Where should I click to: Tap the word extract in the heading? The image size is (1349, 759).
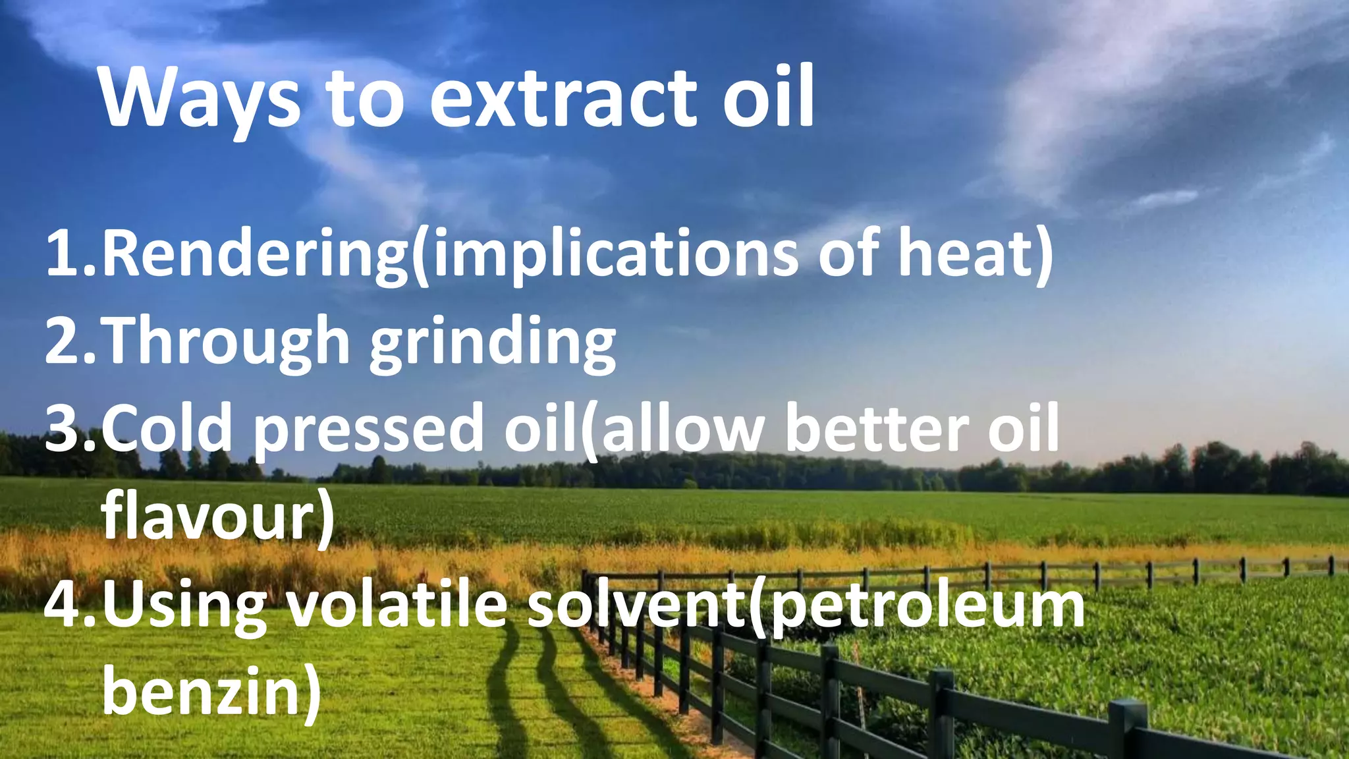pos(564,99)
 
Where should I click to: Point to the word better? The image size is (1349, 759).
pos(876,428)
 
